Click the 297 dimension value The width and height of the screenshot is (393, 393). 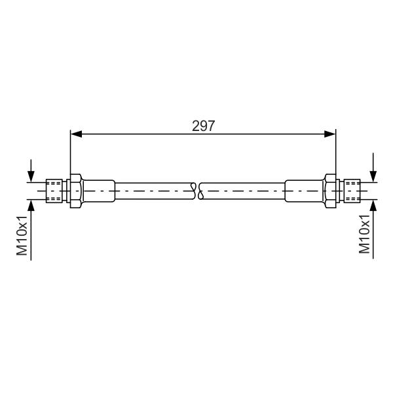(203, 126)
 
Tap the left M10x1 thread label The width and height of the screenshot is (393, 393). (22, 235)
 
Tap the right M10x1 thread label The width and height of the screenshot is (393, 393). (364, 234)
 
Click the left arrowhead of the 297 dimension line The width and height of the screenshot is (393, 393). (76, 134)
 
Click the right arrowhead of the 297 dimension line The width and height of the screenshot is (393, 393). (330, 134)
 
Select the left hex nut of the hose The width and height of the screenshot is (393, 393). (76, 191)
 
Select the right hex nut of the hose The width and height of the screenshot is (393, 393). (330, 191)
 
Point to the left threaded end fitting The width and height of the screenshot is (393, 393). (54, 191)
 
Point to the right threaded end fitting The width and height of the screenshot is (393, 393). (352, 191)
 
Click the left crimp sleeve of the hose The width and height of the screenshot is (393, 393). (98, 191)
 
